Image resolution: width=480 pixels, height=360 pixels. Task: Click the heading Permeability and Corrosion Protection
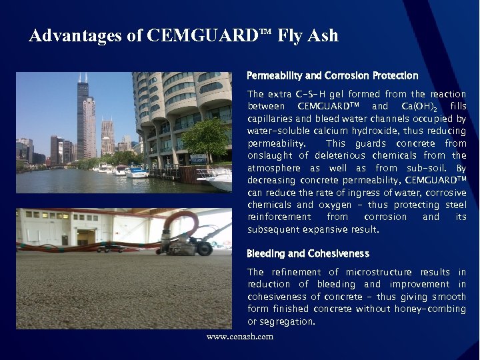coord(332,76)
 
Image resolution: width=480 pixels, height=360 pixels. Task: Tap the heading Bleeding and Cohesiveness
coord(307,254)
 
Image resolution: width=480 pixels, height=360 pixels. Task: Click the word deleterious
coord(325,156)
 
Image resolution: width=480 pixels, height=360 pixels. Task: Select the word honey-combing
coord(433,309)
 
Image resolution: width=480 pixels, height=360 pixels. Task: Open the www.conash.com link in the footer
coord(240,337)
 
